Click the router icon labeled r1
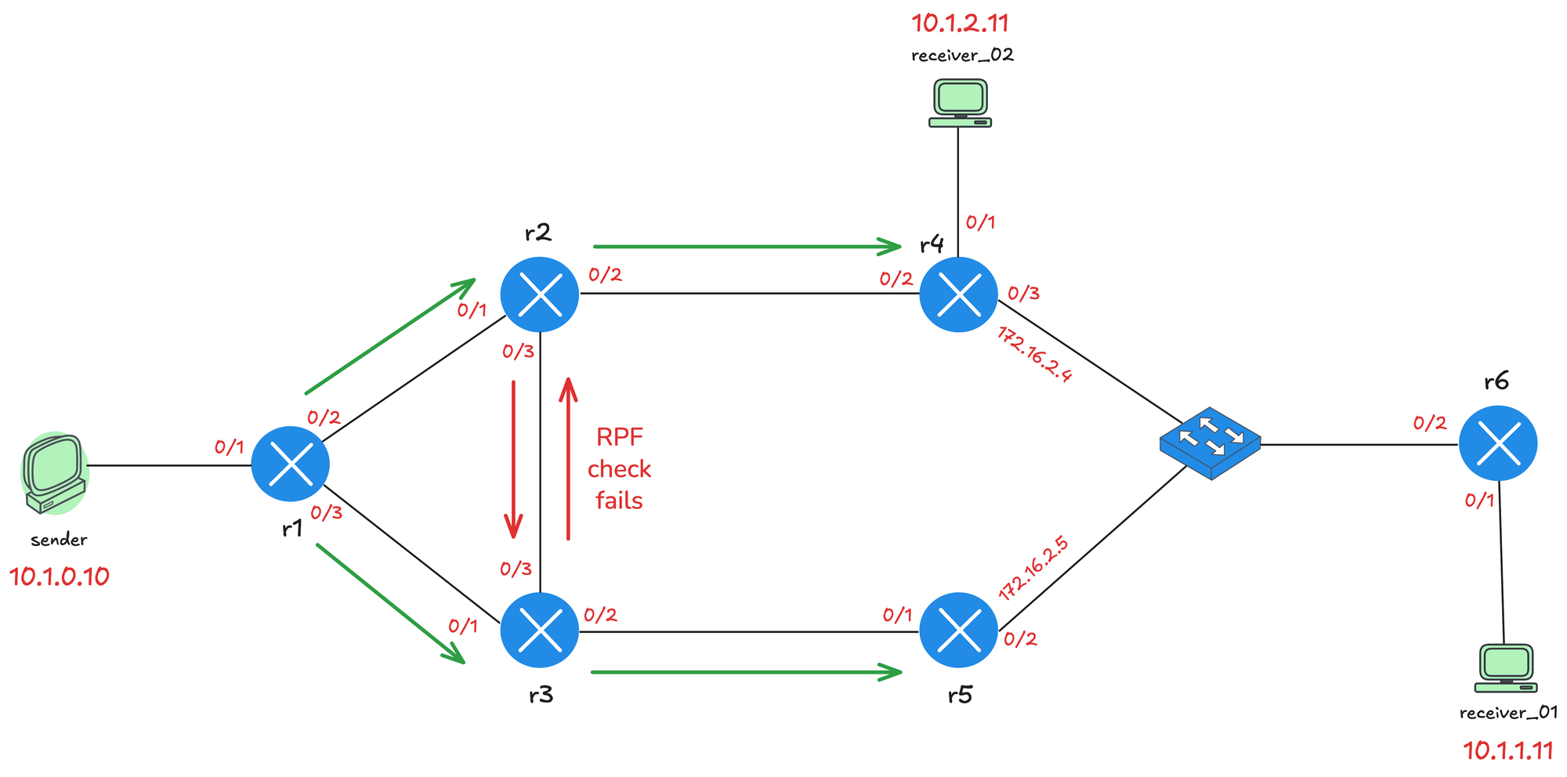point(290,464)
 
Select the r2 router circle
point(539,295)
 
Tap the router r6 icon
point(1497,443)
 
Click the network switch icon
point(1210,443)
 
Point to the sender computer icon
point(53,473)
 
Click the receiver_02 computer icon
point(960,103)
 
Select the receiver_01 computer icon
point(1505,668)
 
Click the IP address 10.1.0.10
point(59,577)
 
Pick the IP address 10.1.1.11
point(1507,750)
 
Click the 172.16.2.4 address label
point(1034,354)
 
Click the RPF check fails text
point(619,468)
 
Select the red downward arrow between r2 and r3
point(513,459)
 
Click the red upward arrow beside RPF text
point(568,459)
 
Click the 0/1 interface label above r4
point(980,222)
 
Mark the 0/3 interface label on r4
point(1023,294)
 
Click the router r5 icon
point(958,631)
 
